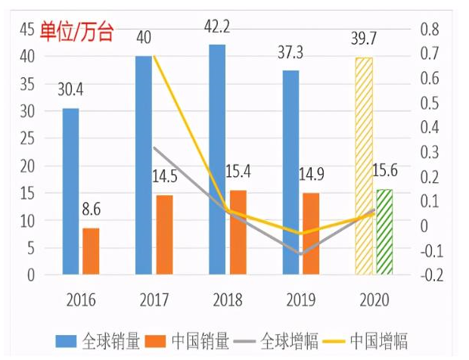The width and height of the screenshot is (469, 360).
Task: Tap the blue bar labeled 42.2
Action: (x=217, y=159)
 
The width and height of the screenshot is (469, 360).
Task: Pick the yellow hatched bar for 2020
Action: (x=365, y=166)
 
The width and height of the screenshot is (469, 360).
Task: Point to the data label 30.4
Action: (x=70, y=91)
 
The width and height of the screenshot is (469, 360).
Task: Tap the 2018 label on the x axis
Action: (x=227, y=299)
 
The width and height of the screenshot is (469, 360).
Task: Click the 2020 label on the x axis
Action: (x=374, y=299)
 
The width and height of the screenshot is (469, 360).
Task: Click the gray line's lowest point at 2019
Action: (x=301, y=254)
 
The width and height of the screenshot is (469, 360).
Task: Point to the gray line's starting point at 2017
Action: (x=154, y=147)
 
